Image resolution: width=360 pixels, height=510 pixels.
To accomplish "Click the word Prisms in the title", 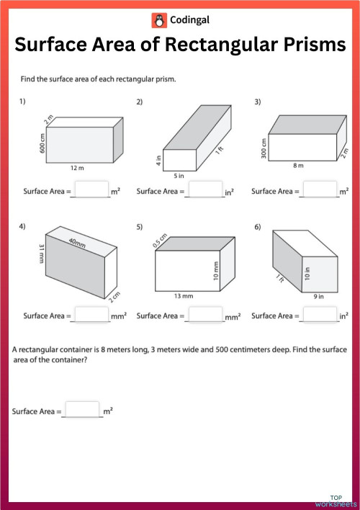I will coord(302,45).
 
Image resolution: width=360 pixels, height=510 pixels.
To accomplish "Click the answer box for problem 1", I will coord(91,190).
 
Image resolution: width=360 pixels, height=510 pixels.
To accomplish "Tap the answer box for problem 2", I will coord(205,190).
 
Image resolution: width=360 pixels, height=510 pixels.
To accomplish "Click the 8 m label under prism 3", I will coord(298,165).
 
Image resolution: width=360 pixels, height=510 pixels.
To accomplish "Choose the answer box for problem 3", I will coord(320,190).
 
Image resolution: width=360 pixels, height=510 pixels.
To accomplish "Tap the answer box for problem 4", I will coord(91,315).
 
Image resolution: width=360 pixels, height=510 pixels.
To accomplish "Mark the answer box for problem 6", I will coord(320,315).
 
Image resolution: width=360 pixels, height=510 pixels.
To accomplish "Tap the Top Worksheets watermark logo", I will coord(335,500).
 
